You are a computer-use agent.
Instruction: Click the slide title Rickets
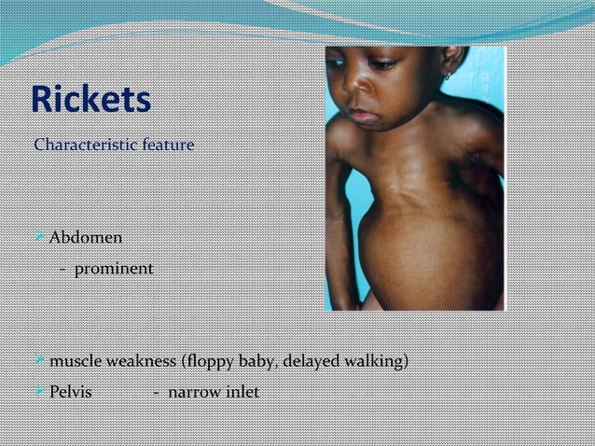(x=90, y=100)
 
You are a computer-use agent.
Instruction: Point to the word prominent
(x=114, y=269)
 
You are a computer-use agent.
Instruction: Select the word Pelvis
(x=70, y=392)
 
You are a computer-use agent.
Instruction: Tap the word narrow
(x=192, y=392)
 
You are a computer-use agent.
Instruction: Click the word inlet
(x=240, y=392)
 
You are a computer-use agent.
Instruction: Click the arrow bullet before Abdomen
(x=39, y=238)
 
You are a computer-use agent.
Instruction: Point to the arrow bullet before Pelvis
(x=39, y=392)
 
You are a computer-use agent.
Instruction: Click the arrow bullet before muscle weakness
(x=39, y=361)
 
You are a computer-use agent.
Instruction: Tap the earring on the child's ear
(x=449, y=75)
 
